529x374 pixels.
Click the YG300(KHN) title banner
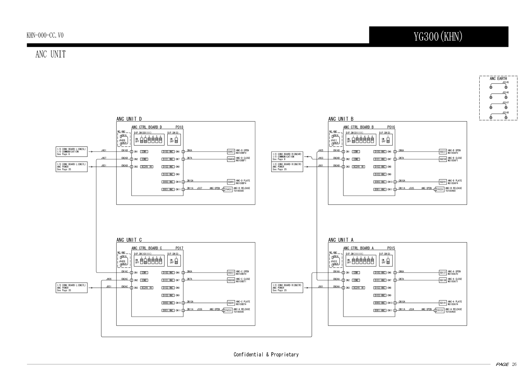click(438, 36)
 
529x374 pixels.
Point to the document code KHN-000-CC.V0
click(45, 35)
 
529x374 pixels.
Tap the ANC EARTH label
click(498, 79)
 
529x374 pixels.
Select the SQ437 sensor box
click(231, 151)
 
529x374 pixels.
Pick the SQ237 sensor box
click(443, 151)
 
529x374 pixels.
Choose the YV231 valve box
click(440, 190)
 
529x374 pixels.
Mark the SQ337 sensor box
click(231, 272)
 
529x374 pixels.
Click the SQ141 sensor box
click(443, 303)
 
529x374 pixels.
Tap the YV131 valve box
click(440, 311)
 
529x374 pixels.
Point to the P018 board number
click(179, 127)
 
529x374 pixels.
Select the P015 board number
click(391, 248)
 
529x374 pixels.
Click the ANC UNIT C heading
click(129, 240)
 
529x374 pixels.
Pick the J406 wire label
click(109, 279)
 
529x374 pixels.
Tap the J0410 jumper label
click(334, 261)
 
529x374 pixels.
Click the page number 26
click(514, 365)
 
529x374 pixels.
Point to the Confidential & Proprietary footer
click(266, 355)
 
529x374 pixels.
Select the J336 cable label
click(199, 309)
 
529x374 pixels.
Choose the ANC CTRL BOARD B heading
click(359, 127)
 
